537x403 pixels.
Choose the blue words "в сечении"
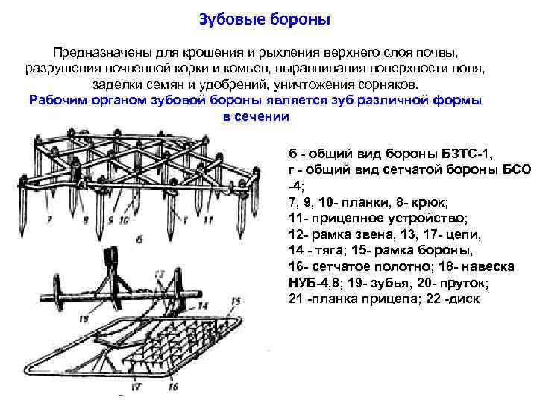click(x=256, y=117)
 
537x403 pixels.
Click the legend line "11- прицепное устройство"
click(x=377, y=217)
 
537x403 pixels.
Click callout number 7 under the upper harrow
click(x=49, y=221)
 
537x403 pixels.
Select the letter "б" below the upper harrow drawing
click(x=139, y=239)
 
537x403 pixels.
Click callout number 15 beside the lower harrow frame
click(x=234, y=302)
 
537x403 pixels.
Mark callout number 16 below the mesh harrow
click(x=172, y=387)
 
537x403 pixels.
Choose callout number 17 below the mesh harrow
click(x=136, y=387)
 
